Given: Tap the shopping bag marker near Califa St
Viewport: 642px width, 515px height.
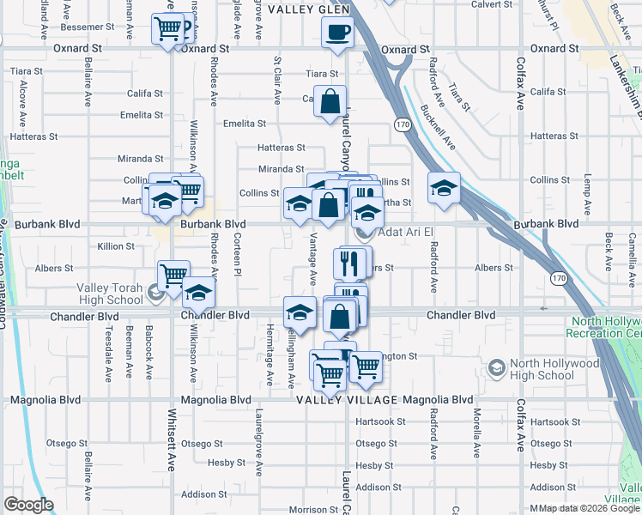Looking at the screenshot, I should [330, 102].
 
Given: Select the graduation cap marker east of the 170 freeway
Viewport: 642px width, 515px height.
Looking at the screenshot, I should [443, 188].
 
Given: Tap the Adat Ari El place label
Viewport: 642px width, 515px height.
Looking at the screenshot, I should [397, 233].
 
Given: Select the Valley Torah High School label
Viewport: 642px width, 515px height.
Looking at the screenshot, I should [110, 294].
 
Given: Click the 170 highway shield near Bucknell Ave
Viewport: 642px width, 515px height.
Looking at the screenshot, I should [402, 125].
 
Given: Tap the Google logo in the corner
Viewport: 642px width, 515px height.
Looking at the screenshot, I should [28, 505].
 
